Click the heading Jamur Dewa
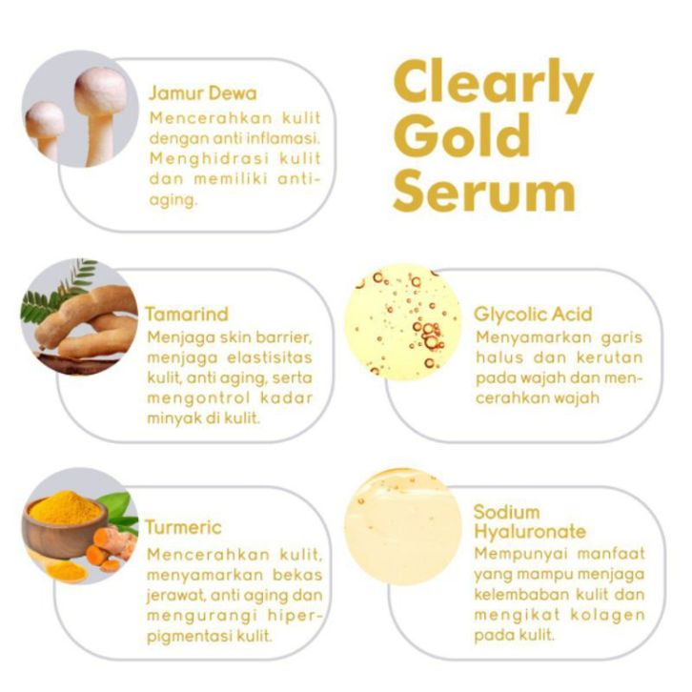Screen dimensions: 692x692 203,93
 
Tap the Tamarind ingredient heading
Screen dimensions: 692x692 187,315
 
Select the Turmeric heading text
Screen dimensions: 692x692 183,527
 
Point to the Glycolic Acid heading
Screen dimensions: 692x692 533,315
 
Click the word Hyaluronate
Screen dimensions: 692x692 530,532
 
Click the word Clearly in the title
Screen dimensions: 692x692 494,86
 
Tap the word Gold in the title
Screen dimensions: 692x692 461,135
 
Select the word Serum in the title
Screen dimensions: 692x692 484,191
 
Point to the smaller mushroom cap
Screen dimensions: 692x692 44,120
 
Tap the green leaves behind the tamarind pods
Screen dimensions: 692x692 55,292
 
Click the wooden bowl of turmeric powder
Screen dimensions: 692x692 65,525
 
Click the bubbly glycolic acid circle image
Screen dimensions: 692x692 402,322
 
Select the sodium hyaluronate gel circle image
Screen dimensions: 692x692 402,527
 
